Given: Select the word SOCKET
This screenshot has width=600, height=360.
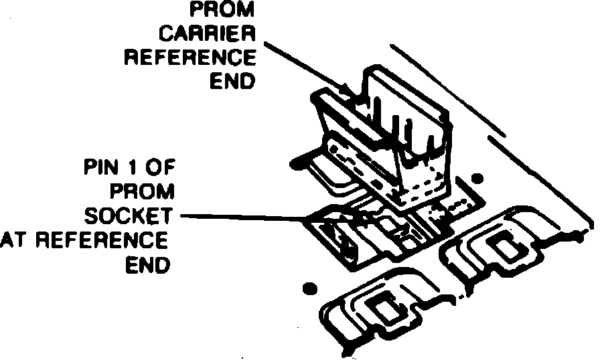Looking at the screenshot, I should [x=131, y=215].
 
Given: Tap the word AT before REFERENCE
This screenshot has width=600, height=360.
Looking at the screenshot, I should [x=15, y=240].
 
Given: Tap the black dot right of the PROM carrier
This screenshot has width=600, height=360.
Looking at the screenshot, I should [x=477, y=179].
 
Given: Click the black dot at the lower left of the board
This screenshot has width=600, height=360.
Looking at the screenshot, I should [x=309, y=288].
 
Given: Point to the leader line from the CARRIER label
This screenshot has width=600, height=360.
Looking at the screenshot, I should [x=305, y=67].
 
